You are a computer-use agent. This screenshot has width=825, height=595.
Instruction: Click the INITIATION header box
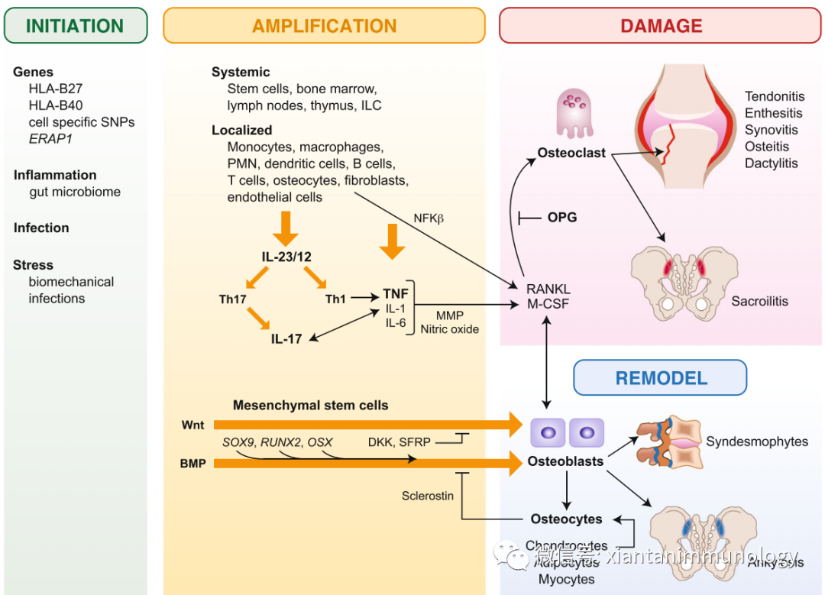[x=75, y=25]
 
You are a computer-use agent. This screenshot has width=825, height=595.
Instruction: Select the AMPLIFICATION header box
[x=324, y=25]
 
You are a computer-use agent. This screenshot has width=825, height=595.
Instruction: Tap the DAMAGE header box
[x=661, y=25]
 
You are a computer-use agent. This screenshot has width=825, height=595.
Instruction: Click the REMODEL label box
[x=661, y=377]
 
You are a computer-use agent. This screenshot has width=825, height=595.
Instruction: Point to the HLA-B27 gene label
[x=56, y=89]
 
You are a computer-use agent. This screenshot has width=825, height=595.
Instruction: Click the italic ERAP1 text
[x=50, y=139]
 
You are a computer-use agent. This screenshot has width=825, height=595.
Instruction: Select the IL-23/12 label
[x=287, y=257]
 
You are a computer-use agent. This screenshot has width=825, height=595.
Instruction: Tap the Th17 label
[x=232, y=299]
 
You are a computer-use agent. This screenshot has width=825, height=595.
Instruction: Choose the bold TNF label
[x=396, y=293]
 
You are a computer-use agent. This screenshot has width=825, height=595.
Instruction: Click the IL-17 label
[x=286, y=338]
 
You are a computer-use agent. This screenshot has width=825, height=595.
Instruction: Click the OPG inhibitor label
[x=562, y=218]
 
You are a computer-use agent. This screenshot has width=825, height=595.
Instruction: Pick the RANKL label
[x=548, y=289]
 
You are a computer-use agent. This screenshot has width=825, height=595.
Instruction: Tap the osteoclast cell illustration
[x=571, y=112]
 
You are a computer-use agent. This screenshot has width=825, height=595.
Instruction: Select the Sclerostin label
[x=428, y=496]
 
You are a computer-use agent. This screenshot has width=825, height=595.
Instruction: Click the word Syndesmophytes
[x=757, y=441]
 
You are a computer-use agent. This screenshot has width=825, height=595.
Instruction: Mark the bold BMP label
[x=193, y=463]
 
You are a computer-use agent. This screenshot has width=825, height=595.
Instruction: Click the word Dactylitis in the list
[x=772, y=163]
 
